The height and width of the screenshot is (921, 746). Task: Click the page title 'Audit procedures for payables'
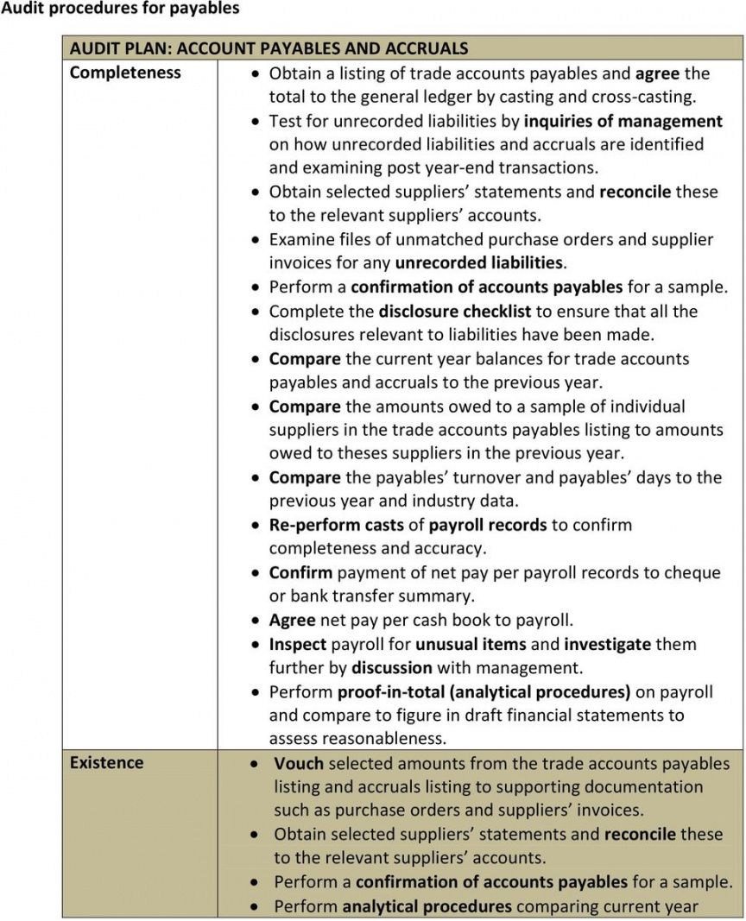[120, 9]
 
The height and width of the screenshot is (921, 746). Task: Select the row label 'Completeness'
[125, 73]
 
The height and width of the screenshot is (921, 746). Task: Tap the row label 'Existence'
[106, 762]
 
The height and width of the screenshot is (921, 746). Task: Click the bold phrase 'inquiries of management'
[623, 121]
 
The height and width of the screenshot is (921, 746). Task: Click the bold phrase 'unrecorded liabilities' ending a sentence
[478, 262]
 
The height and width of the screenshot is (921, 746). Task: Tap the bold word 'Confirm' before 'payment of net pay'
[300, 572]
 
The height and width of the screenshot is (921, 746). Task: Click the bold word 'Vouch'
[299, 763]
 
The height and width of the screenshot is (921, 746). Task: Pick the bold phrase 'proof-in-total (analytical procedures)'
[484, 691]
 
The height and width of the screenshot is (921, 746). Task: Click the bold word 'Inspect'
[298, 644]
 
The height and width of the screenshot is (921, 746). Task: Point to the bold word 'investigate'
[608, 644]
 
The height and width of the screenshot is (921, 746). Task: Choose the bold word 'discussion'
[392, 667]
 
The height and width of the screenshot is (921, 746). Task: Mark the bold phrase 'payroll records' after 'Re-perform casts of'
[488, 524]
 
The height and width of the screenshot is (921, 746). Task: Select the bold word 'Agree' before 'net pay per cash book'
[292, 620]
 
